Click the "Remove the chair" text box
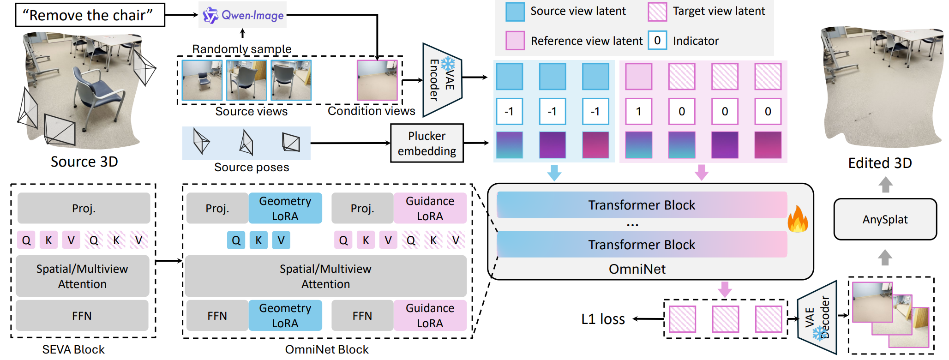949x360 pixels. [x=90, y=15]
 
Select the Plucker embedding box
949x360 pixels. [x=426, y=144]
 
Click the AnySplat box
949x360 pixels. [x=885, y=220]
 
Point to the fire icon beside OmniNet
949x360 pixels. [x=798, y=220]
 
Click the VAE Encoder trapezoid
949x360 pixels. [x=442, y=80]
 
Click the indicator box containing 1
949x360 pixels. [x=638, y=111]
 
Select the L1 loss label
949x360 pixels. [x=603, y=319]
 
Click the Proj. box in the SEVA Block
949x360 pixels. [x=84, y=209]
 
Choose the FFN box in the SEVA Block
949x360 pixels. [x=82, y=316]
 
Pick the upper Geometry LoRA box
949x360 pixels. [x=285, y=209]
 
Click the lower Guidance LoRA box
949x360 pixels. [x=429, y=316]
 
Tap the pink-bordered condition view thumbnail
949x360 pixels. [x=377, y=80]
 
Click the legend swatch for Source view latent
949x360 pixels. [x=515, y=12]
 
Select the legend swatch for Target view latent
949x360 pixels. [x=657, y=12]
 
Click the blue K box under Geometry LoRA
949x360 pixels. [x=258, y=240]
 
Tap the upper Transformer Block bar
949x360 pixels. [x=642, y=205]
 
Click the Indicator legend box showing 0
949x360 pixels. [x=657, y=41]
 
